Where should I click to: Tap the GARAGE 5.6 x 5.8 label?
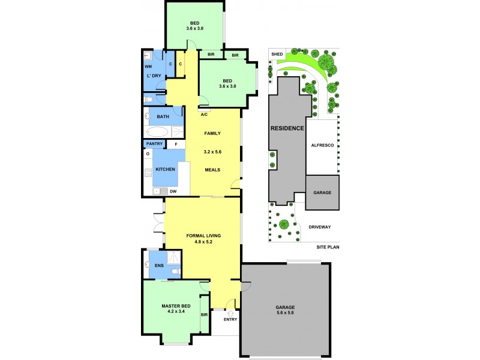(x=286, y=307)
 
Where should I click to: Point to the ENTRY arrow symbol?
(x=230, y=313)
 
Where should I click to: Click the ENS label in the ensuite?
(x=159, y=265)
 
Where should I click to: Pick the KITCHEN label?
(x=166, y=170)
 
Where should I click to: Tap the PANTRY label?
(x=154, y=144)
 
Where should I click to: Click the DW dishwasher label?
(x=173, y=191)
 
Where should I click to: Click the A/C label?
(x=204, y=114)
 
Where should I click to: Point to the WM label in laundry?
(x=148, y=67)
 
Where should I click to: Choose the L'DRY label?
(x=154, y=76)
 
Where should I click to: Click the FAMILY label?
(x=212, y=133)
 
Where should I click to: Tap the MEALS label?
(x=212, y=170)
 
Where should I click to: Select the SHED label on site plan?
(x=277, y=53)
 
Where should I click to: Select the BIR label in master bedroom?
(x=204, y=315)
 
